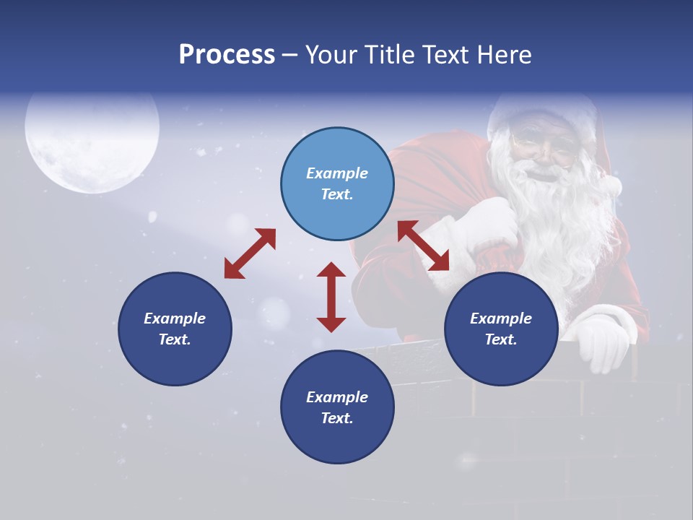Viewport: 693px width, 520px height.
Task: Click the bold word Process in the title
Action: point(227,55)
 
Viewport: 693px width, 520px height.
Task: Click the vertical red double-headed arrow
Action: point(331,297)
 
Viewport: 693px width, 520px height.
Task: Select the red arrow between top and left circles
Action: point(250,253)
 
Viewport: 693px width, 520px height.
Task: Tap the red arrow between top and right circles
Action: point(423,246)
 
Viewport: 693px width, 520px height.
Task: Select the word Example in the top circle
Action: point(337,173)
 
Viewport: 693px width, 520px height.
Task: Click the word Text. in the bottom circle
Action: point(337,418)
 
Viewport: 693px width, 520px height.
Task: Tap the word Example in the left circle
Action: point(175,318)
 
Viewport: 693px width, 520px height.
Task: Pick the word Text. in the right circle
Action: point(501,339)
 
